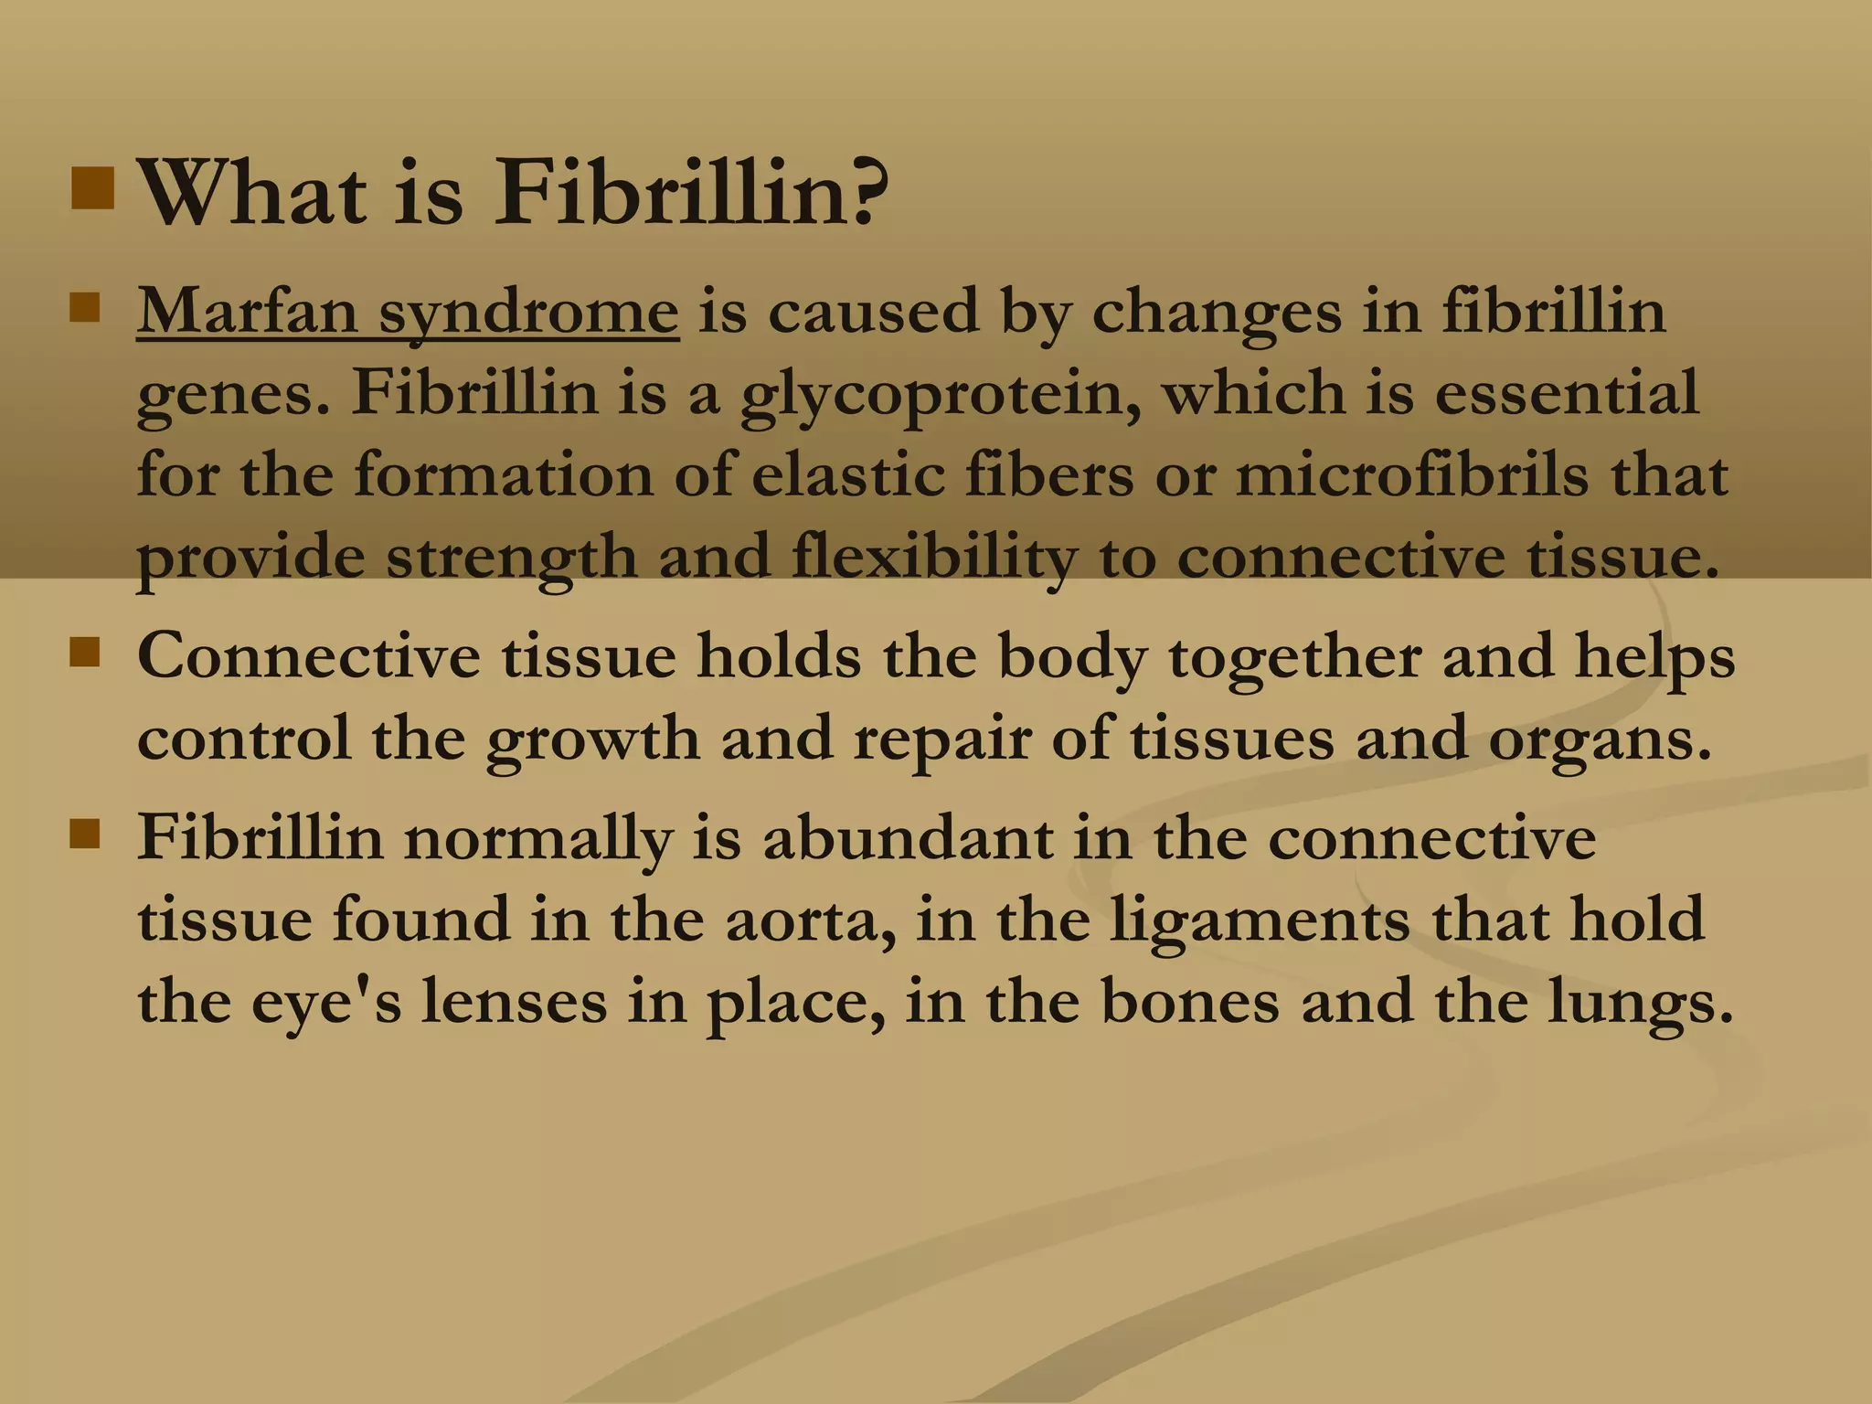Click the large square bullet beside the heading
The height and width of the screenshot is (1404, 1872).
93,187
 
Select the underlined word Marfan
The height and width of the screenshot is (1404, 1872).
246,312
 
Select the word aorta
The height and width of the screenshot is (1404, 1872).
810,920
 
